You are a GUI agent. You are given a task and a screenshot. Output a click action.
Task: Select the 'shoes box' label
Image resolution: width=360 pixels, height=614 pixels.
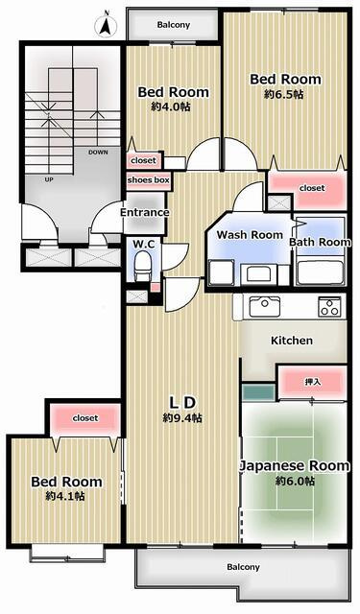pyautogui.click(x=149, y=179)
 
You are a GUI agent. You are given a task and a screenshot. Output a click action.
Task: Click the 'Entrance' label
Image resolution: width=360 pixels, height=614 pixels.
pyautogui.click(x=144, y=212)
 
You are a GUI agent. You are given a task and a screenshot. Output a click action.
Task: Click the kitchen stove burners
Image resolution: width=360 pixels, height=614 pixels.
pyautogui.click(x=328, y=307)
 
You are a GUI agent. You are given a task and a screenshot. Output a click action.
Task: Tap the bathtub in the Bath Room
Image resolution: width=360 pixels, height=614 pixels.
pyautogui.click(x=320, y=272)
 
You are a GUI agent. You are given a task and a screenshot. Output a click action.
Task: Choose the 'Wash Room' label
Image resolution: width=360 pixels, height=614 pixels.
pyautogui.click(x=250, y=235)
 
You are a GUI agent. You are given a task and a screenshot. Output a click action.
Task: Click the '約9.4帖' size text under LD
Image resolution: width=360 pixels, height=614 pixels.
pyautogui.click(x=182, y=418)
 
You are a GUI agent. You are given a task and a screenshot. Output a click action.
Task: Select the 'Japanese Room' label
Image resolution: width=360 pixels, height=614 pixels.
pyautogui.click(x=294, y=466)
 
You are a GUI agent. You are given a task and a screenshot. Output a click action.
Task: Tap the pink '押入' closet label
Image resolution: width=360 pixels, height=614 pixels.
pyautogui.click(x=312, y=382)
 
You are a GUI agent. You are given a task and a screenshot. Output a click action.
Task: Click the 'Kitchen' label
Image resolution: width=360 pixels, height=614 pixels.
pyautogui.click(x=291, y=341)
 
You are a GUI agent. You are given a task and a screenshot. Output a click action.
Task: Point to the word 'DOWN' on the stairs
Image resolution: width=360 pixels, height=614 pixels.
pyautogui.click(x=97, y=152)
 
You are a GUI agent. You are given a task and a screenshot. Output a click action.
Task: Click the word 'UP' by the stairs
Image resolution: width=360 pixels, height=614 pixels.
pyautogui.click(x=48, y=179)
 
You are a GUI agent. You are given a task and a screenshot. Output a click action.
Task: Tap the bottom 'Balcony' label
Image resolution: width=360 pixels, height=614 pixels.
pyautogui.click(x=243, y=567)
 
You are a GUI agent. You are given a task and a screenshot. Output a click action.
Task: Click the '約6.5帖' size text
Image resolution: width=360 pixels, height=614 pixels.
pyautogui.click(x=284, y=95)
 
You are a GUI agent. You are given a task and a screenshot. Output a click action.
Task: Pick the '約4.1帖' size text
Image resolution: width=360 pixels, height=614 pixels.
pyautogui.click(x=65, y=496)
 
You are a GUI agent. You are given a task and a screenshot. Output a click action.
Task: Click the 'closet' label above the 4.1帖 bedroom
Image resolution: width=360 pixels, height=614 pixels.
pyautogui.click(x=85, y=418)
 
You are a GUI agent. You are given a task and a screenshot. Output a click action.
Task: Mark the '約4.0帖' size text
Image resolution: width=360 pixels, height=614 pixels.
pyautogui.click(x=173, y=107)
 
